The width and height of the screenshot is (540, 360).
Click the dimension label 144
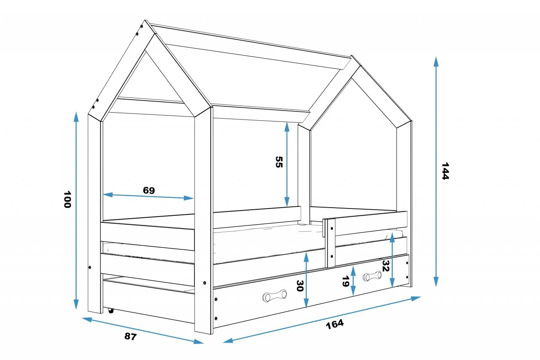click(445, 171)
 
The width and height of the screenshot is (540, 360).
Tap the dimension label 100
click(67, 199)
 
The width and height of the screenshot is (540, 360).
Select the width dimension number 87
click(130, 336)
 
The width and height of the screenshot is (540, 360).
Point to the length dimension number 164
click(335, 324)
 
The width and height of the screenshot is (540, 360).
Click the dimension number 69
click(149, 190)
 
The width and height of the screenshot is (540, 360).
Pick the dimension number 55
click(279, 162)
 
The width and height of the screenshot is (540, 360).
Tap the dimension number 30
click(300, 285)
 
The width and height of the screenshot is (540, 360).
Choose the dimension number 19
click(346, 282)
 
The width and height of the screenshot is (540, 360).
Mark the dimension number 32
click(386, 266)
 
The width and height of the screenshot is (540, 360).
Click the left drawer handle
click(275, 295)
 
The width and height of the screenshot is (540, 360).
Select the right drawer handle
click(372, 276)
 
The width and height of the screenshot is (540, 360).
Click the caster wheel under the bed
click(111, 311)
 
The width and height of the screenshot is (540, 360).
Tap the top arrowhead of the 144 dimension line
click(436, 61)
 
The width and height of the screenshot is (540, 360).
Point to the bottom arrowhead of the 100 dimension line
click(76, 304)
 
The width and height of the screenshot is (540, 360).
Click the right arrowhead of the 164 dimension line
click(416, 298)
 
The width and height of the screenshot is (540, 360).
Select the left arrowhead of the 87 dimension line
click(87, 319)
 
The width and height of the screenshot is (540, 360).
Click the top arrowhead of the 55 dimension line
click(287, 127)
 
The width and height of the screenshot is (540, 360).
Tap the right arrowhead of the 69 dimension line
click(189, 198)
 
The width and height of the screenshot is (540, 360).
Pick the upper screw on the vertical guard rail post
click(332, 228)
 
